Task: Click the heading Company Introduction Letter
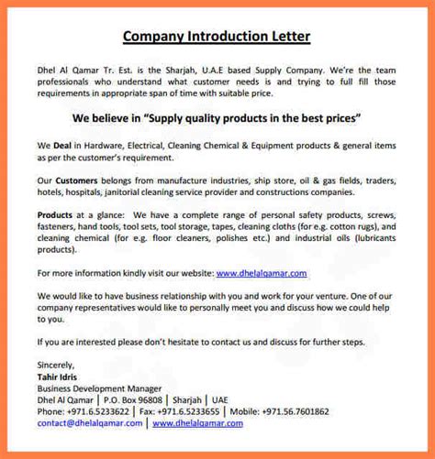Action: point(217,38)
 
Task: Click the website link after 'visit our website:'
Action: point(262,273)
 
